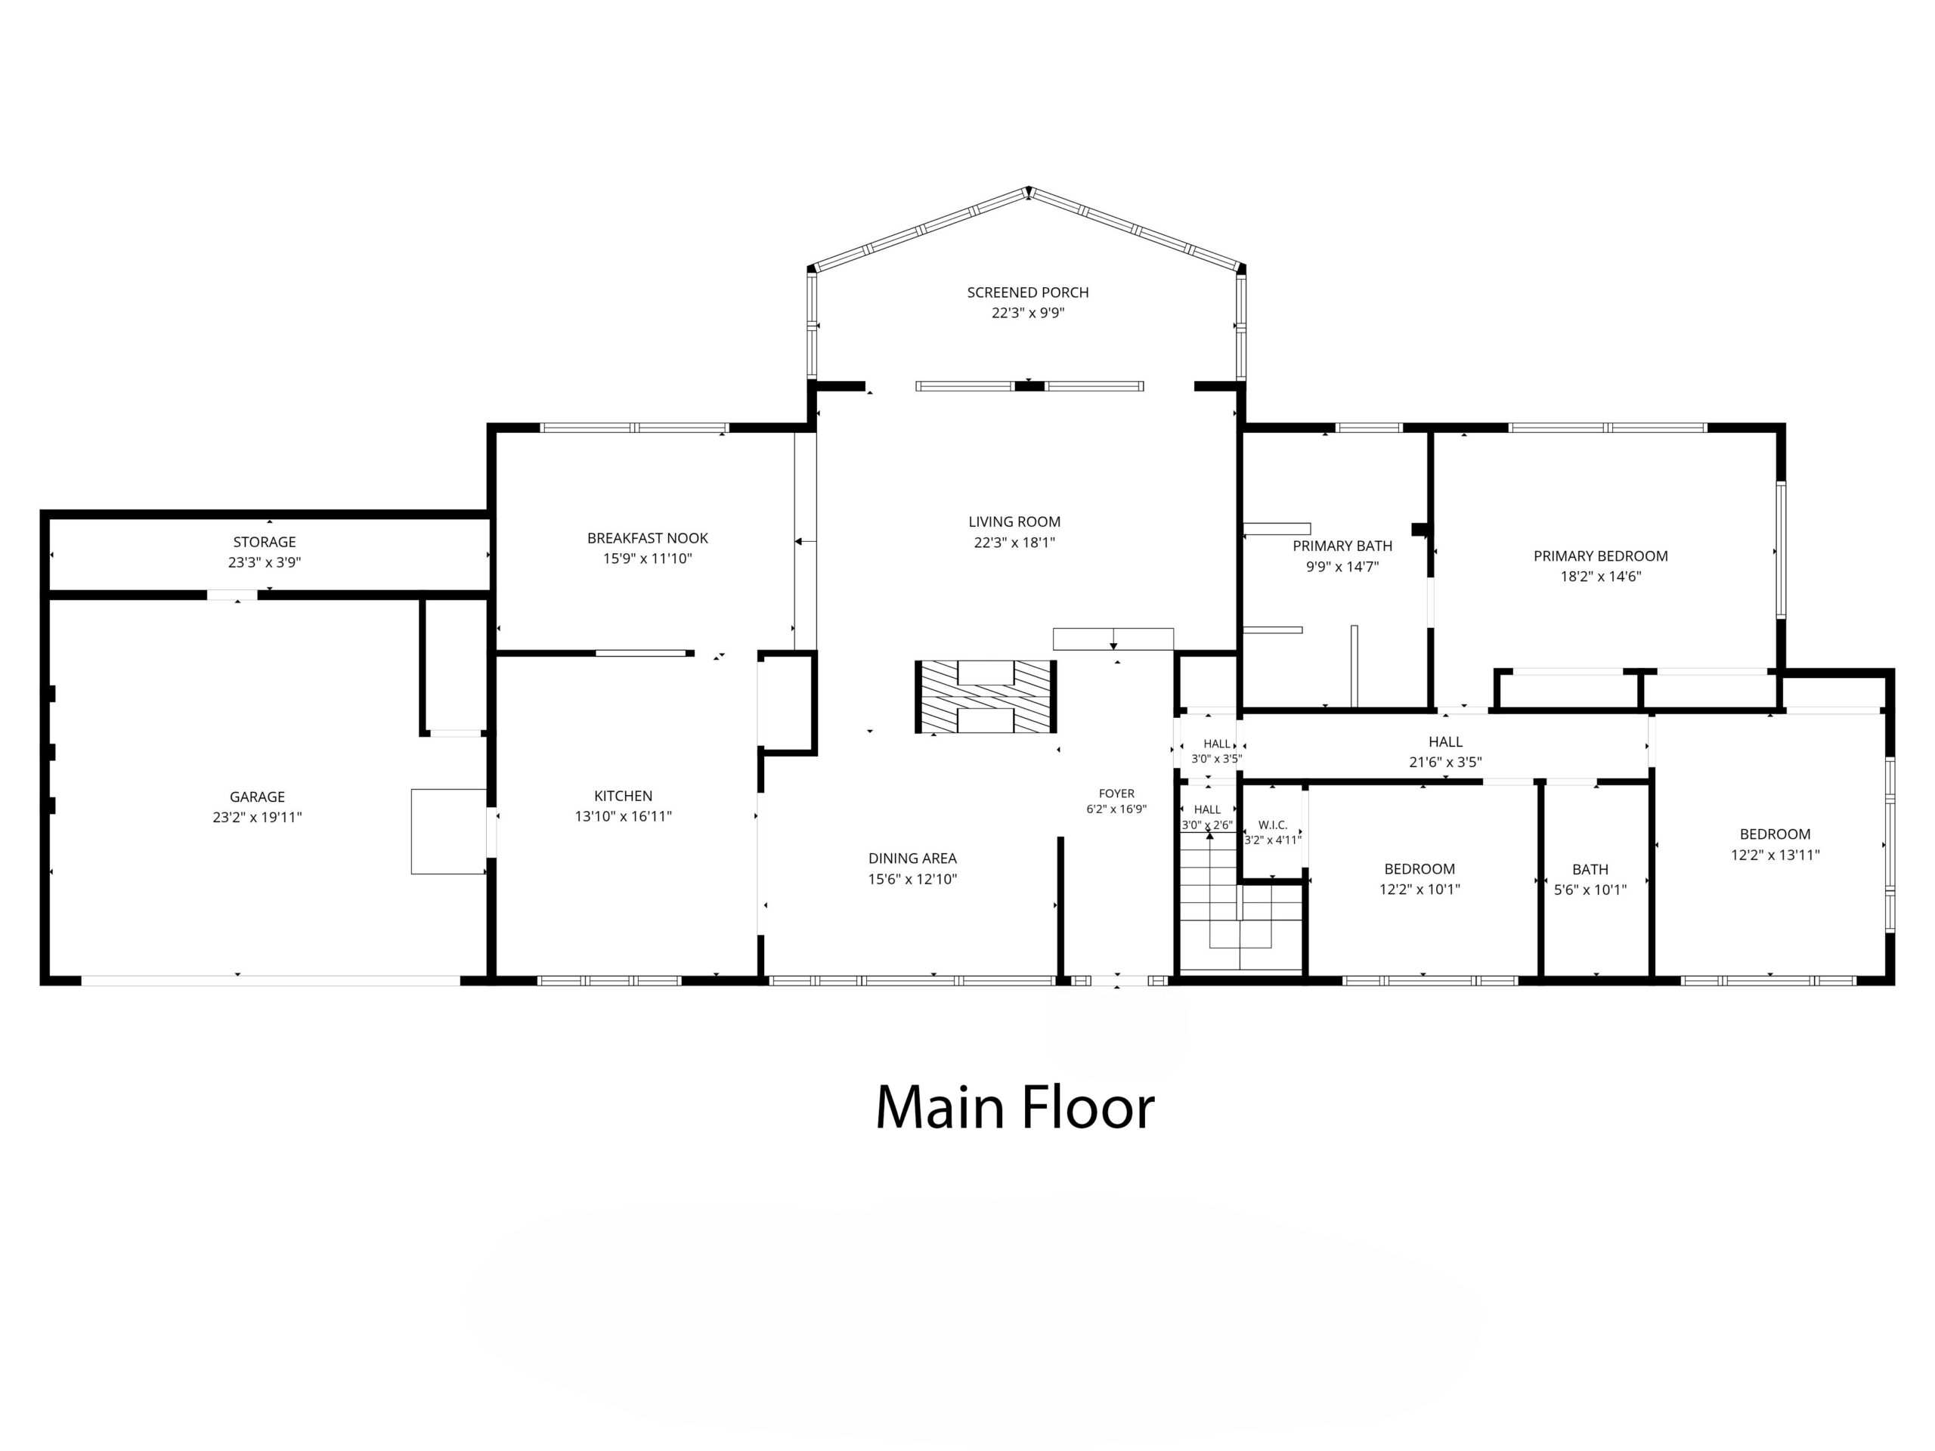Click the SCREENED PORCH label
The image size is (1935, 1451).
click(1027, 292)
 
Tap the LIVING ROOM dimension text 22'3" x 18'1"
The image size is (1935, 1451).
click(1014, 543)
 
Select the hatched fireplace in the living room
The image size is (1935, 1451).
click(986, 696)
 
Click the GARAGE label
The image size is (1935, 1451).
click(257, 797)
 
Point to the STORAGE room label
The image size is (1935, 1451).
click(265, 543)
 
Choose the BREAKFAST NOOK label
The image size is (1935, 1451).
click(647, 538)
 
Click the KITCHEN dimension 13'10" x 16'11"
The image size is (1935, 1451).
click(623, 816)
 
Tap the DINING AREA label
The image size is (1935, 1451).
click(912, 858)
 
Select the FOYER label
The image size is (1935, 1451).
click(1116, 794)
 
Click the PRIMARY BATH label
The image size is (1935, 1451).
click(1342, 546)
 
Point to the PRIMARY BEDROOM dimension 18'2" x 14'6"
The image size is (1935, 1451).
click(1600, 577)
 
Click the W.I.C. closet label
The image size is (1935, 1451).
click(1273, 825)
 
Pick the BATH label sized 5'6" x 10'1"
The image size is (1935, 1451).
click(1590, 869)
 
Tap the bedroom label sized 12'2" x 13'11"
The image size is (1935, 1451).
click(1775, 834)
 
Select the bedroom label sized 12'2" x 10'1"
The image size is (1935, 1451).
click(1419, 868)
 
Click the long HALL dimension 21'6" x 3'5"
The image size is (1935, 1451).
click(1445, 762)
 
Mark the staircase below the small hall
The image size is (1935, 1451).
click(1240, 902)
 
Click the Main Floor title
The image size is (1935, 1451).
click(1014, 1107)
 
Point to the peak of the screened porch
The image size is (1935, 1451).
click(1029, 189)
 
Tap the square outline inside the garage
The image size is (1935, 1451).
click(449, 831)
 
